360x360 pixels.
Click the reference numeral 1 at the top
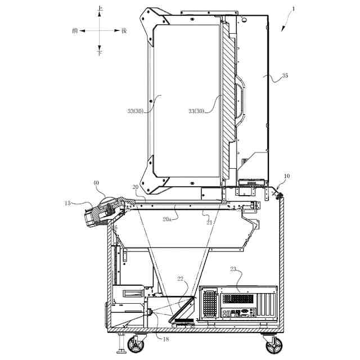pyautogui.click(x=292, y=10)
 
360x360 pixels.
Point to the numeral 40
pyautogui.click(x=96, y=183)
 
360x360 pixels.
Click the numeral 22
pyautogui.click(x=180, y=278)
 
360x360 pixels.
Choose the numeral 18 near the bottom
pyautogui.click(x=165, y=339)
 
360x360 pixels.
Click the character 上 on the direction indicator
pyautogui.click(x=100, y=9)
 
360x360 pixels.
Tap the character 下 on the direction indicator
pyautogui.click(x=100, y=52)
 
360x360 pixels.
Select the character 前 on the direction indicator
pyautogui.click(x=75, y=31)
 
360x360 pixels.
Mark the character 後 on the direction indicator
pyautogui.click(x=124, y=31)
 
